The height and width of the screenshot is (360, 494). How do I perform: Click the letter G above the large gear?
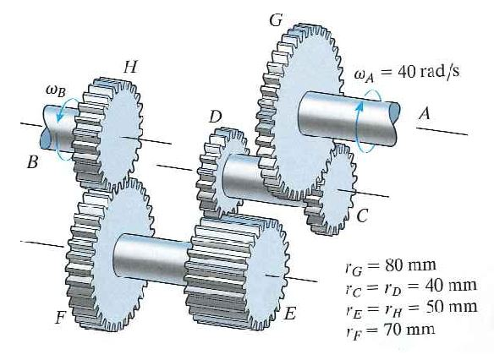point(275,19)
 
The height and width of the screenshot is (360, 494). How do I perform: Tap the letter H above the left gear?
point(129,65)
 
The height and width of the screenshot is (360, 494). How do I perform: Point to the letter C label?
point(362,217)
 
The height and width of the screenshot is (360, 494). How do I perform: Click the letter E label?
point(289,314)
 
